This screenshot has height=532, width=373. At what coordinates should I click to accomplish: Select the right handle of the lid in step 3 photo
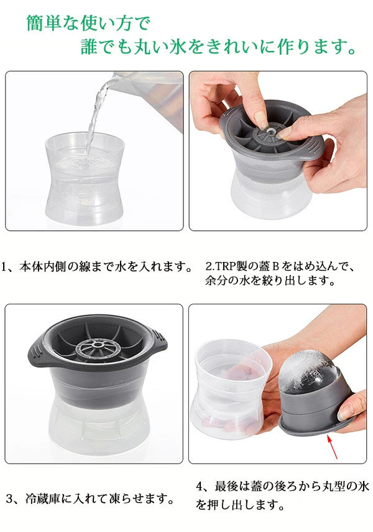pos(157,346)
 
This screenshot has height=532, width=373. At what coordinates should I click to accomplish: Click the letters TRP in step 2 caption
pos(225,266)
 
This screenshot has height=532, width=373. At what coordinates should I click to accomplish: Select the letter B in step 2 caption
pos(275,266)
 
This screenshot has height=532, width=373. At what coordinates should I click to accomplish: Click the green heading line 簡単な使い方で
pos(88,23)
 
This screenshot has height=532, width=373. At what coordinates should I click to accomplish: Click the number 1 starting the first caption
pos(4,266)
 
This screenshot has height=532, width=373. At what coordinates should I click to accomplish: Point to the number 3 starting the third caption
pos(9,498)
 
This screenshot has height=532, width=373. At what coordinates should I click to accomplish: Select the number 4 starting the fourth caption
pos(200,487)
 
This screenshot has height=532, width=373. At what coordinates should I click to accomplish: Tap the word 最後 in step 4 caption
pos(226,487)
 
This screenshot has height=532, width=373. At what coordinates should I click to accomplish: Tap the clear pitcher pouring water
pos(149,98)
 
